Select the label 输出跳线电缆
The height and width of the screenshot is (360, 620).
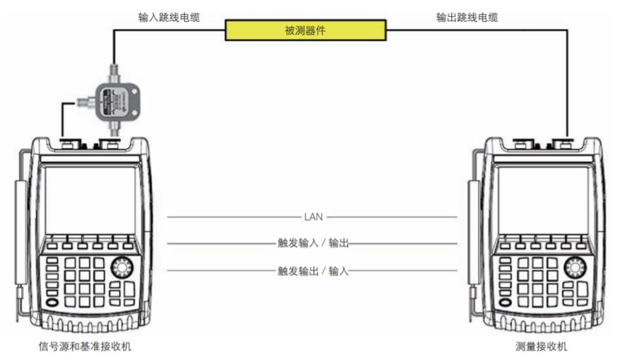[467, 17]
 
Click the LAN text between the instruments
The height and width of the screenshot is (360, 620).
[313, 216]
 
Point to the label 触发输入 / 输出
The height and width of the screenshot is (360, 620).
[313, 243]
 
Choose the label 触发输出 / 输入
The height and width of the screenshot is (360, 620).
[313, 270]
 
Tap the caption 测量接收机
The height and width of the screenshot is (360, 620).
[542, 347]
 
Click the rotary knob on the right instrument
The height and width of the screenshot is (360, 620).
[575, 267]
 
